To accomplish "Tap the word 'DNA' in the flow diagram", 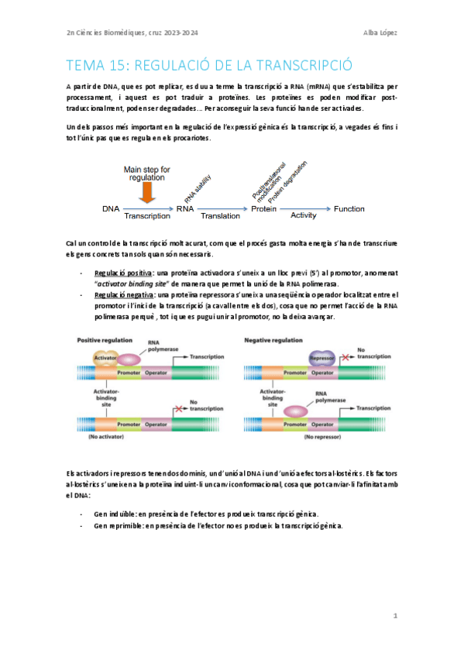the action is click(x=111, y=209).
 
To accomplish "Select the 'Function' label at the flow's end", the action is click(x=349, y=209).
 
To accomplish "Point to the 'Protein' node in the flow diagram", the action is click(x=263, y=209).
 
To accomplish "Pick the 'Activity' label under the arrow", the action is click(x=303, y=216).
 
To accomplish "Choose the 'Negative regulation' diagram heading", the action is click(x=274, y=340).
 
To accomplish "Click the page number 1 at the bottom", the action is click(x=394, y=616).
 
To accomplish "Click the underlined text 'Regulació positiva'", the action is click(x=122, y=273).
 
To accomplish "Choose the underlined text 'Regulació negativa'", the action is click(x=123, y=294).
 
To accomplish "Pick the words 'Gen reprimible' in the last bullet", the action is click(x=117, y=525).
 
